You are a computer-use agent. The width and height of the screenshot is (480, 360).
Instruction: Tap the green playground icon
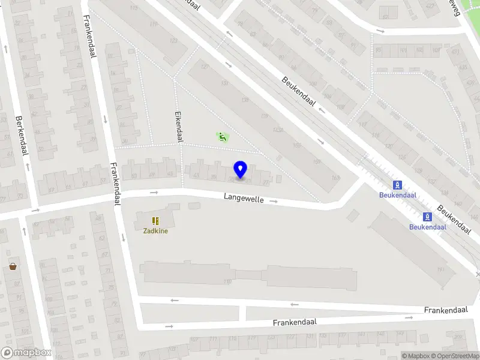[223, 137]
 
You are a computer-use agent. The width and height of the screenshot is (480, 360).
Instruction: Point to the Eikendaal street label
[178, 125]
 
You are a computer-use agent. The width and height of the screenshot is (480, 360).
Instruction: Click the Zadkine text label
[155, 231]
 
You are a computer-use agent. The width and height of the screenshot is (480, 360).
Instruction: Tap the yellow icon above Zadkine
[155, 221]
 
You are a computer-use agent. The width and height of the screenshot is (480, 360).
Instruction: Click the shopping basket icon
[13, 266]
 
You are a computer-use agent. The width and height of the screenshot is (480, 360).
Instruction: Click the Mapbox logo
[26, 353]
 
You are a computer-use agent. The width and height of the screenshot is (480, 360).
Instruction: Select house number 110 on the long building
[227, 281]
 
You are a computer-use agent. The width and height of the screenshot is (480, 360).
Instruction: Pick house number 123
[173, 41]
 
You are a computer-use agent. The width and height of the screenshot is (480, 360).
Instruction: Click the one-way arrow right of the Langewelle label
[274, 201]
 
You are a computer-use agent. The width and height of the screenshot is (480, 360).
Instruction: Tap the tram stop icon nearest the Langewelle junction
[397, 185]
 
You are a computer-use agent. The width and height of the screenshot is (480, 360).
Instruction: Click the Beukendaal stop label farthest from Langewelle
[427, 227]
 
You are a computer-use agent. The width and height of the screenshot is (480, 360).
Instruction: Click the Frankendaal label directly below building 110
[294, 322]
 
